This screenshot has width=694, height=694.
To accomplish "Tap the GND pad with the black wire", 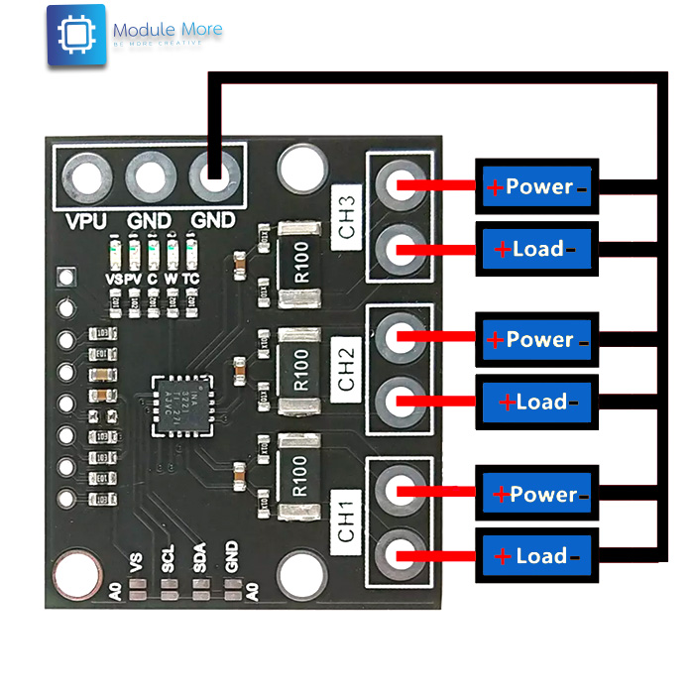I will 213,178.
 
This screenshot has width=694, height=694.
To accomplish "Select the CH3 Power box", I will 536,186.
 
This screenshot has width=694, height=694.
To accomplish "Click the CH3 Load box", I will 536,249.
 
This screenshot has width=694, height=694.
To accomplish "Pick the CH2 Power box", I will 536,340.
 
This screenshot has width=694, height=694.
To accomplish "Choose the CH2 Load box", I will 536,402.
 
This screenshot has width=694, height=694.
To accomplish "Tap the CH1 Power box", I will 536,494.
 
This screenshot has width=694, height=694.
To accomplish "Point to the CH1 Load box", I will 536,556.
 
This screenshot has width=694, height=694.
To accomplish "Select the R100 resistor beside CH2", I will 301,368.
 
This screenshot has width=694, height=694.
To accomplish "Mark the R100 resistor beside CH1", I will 301,477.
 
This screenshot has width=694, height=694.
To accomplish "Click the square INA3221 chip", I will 184,405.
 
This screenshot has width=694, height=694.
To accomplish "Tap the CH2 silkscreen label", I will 346,368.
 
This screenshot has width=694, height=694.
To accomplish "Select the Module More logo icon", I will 75,36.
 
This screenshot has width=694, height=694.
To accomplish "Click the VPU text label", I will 86,220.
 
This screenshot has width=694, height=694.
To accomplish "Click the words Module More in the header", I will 168,31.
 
